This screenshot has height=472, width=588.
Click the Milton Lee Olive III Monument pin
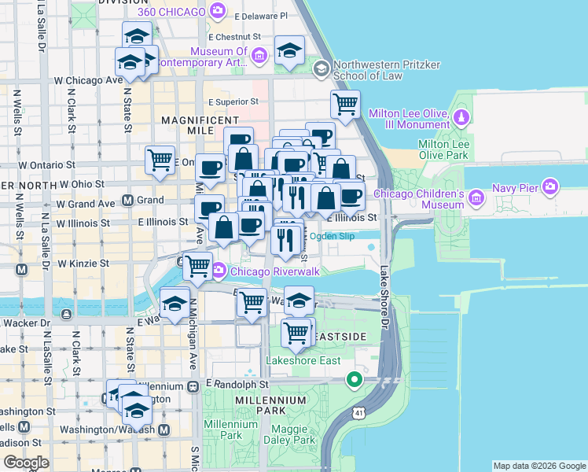click(x=462, y=118)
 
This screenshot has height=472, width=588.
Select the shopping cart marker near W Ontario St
click(x=160, y=160)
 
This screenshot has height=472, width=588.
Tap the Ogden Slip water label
click(x=333, y=236)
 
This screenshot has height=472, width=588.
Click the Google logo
click(x=26, y=463)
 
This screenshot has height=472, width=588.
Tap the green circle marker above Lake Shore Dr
click(x=355, y=380)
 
